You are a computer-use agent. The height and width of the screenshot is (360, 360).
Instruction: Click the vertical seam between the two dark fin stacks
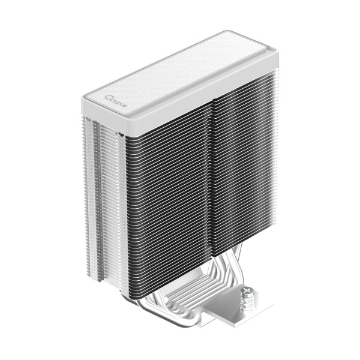[x=212, y=180]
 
